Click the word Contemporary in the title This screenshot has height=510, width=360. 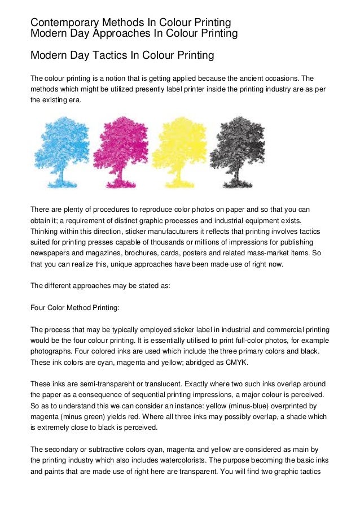point(65,22)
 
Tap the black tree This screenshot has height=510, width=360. point(236,150)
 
